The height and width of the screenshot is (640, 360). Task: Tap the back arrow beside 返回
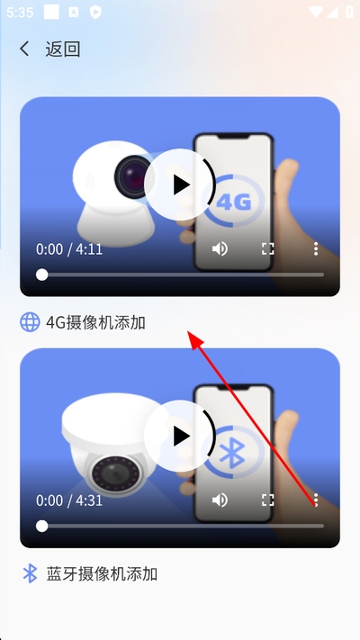pyautogui.click(x=24, y=49)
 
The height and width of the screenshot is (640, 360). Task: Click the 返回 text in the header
pyautogui.click(x=62, y=49)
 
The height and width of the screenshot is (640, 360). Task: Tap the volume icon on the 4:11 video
pyautogui.click(x=220, y=248)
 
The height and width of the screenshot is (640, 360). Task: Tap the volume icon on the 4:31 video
pyautogui.click(x=220, y=500)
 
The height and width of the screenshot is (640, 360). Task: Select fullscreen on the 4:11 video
pyautogui.click(x=268, y=248)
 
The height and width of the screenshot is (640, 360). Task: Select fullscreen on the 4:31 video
pyautogui.click(x=268, y=500)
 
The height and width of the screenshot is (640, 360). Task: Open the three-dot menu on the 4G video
pyautogui.click(x=316, y=248)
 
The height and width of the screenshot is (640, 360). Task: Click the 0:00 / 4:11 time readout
pyautogui.click(x=69, y=249)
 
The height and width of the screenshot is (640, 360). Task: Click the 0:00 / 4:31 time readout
pyautogui.click(x=69, y=500)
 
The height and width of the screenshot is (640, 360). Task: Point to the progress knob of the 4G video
pyautogui.click(x=41, y=275)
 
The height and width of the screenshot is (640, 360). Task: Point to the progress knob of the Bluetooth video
pyautogui.click(x=41, y=526)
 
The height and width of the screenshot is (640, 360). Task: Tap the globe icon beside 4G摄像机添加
pyautogui.click(x=30, y=322)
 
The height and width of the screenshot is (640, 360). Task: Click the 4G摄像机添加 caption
pyautogui.click(x=95, y=322)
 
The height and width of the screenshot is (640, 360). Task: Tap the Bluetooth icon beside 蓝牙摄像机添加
pyautogui.click(x=30, y=573)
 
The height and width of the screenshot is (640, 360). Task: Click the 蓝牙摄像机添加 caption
pyautogui.click(x=102, y=574)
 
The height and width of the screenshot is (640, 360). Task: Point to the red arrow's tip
pyautogui.click(x=188, y=331)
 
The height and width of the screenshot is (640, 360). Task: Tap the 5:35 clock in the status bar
pyautogui.click(x=20, y=13)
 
